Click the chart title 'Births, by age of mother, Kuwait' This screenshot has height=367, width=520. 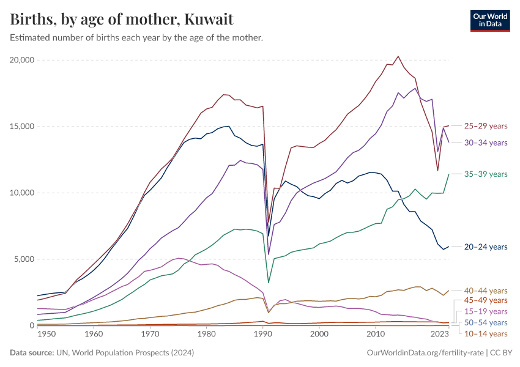coord(122,19)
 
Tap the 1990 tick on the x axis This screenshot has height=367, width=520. coord(262,335)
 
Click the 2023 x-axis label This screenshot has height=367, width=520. coord(438,335)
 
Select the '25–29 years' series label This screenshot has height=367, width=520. coord(486,126)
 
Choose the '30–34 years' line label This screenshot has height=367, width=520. coord(486,143)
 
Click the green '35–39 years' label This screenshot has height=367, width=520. coord(486,174)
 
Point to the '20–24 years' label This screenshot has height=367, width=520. coord(486,247)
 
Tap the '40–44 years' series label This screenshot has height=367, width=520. coord(486,291)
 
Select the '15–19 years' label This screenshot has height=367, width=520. coord(486,311)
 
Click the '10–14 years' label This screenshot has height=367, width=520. coord(486,333)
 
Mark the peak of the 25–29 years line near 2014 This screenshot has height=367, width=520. coord(398,56)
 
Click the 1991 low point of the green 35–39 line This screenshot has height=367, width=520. coord(269,283)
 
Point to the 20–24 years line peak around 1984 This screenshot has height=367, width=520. coord(229,126)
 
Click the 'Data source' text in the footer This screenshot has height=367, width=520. coord(101,353)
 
